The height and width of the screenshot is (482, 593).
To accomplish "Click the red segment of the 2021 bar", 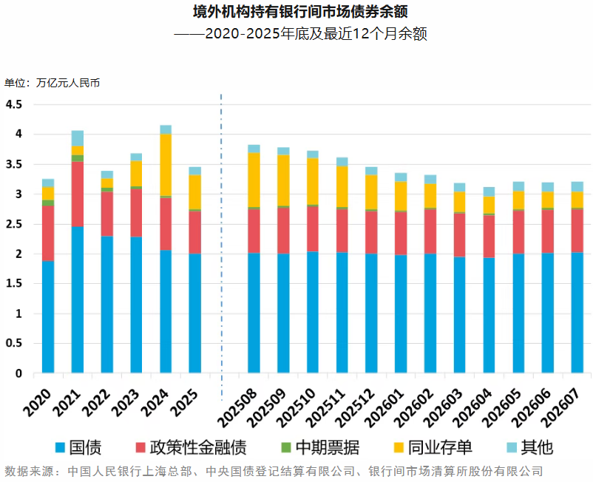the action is click(x=78, y=194).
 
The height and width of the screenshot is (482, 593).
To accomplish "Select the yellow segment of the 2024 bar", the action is click(x=166, y=165).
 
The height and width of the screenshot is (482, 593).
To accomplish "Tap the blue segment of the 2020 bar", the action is click(x=48, y=317).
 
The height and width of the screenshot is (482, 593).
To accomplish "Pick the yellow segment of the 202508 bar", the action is click(x=254, y=180).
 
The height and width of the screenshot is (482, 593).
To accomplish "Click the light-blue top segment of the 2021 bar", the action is click(x=78, y=138).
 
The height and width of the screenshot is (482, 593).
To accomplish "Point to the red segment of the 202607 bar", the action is click(x=577, y=231).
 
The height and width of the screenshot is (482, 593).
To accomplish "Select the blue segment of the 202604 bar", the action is click(x=489, y=315).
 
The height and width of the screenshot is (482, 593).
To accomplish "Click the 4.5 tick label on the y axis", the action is click(x=14, y=104).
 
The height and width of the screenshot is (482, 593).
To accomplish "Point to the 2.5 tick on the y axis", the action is click(x=14, y=224).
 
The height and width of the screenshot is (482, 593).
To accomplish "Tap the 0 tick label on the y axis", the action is click(x=18, y=373).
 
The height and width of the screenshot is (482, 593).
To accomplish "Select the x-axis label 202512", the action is click(x=355, y=408).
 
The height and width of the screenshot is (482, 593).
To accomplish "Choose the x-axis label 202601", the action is click(x=384, y=408).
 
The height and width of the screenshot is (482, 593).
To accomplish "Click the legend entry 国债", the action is click(x=78, y=447).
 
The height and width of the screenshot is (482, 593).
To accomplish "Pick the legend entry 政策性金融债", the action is click(x=191, y=447).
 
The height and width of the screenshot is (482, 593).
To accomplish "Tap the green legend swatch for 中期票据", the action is click(x=286, y=447).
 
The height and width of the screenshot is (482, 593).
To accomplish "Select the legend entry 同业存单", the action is click(x=433, y=447).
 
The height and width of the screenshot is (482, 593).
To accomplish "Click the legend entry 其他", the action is click(x=530, y=447).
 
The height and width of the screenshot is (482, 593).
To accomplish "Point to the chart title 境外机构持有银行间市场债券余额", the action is click(x=300, y=12).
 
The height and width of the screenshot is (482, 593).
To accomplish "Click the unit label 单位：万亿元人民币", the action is click(x=52, y=83).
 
